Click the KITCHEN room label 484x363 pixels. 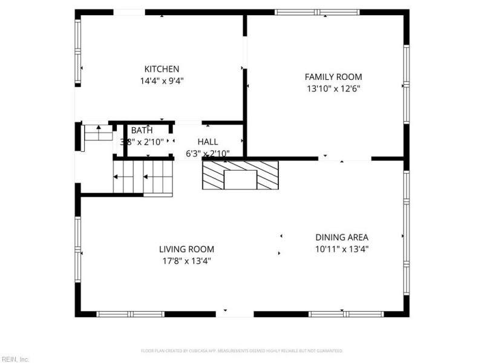point(161,69)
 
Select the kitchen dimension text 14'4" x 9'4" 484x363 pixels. point(161,80)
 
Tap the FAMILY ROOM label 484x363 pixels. point(333,77)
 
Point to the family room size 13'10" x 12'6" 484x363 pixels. point(333,88)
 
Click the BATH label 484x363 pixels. point(142,130)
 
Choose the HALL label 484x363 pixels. point(208,142)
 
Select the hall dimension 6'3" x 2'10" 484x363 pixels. point(208,153)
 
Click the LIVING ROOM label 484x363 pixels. point(186,249)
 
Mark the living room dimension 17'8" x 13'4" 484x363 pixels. point(186,261)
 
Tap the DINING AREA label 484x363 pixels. point(341,237)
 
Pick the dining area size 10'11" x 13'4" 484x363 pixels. point(341,249)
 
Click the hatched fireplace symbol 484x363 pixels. point(240,176)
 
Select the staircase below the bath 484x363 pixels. point(143,178)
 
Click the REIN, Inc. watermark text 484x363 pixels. point(15,359)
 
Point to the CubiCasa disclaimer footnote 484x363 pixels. point(242,350)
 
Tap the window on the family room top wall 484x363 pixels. point(317,12)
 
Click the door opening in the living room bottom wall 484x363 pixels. point(235,314)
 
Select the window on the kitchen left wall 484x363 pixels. point(77,53)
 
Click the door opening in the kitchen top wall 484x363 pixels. point(128,12)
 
